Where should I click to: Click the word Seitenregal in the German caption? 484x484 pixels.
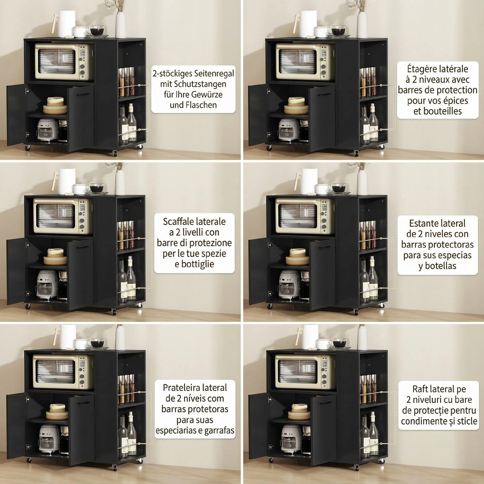pos(214,74)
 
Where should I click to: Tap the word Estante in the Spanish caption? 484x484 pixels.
pos(423,223)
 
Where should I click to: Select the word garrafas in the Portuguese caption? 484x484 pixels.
pos(219,430)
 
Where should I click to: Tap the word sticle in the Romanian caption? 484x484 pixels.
pos(466,421)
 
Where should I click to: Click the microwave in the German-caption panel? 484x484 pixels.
pos(64,62)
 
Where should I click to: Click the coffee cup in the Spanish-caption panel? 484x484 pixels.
pos(339,188)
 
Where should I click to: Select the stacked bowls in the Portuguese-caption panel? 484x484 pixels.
pos(57,412)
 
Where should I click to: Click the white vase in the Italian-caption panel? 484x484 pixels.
pos(120,182)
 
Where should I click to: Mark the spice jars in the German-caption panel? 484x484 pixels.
pos(126,82)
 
